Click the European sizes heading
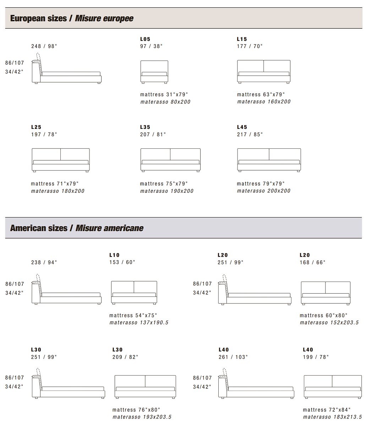tap(72, 18)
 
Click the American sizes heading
tap(77, 228)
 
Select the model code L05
tap(145, 39)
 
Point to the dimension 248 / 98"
tap(44, 46)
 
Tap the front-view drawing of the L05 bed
tap(154, 72)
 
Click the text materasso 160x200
tap(264, 102)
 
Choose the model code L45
tap(242, 127)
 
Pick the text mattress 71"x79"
tap(55, 184)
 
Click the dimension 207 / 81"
tap(153, 135)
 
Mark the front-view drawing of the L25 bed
tap(61, 160)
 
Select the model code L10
tap(114, 255)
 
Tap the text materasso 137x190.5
tap(139, 323)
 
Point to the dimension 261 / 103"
tap(233, 357)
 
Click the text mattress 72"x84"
tap(327, 410)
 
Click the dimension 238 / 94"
tap(44, 262)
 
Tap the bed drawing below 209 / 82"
tap(145, 387)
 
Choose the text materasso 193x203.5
tap(142, 417)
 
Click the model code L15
tap(242, 39)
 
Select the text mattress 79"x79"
tap(261, 184)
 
